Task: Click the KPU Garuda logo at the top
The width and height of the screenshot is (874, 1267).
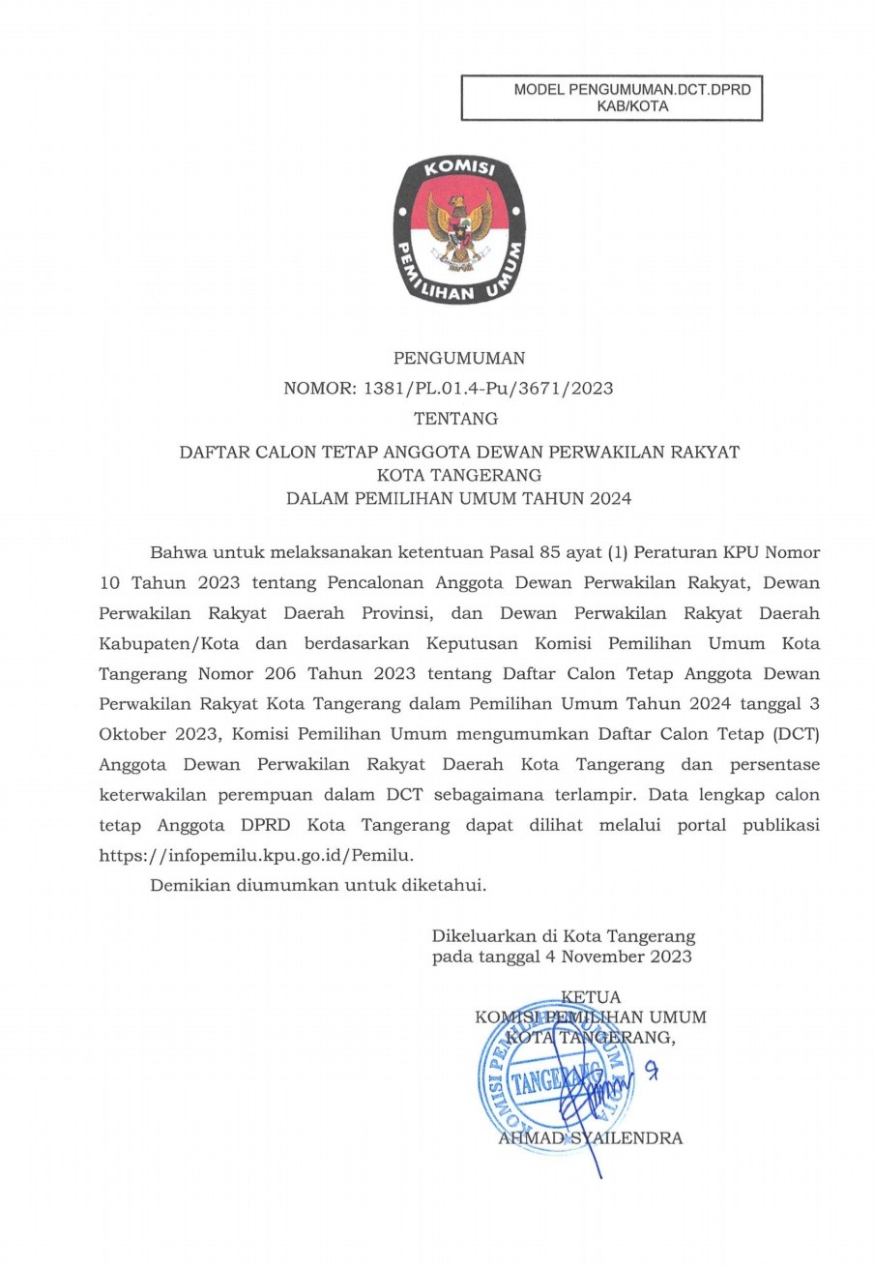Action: pyautogui.click(x=458, y=232)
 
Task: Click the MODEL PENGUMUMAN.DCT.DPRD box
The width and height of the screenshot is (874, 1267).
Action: pyautogui.click(x=611, y=99)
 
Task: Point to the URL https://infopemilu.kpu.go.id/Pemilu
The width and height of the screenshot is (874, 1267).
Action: pyautogui.click(x=257, y=855)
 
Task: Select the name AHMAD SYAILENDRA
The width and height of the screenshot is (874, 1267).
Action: pyautogui.click(x=590, y=1138)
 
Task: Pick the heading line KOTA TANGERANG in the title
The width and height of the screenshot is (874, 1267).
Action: pyautogui.click(x=458, y=475)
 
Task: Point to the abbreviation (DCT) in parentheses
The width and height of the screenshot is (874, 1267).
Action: pyautogui.click(x=798, y=735)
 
